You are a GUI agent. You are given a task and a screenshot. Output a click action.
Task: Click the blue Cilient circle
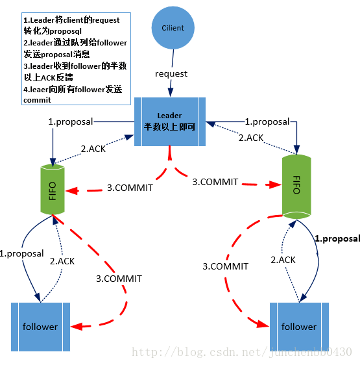pos(173,28)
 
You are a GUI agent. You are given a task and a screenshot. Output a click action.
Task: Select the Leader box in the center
pos(169,121)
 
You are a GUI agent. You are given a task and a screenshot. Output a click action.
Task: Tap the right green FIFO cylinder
pos(295,184)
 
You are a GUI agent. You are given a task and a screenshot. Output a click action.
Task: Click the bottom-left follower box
pos(40,327)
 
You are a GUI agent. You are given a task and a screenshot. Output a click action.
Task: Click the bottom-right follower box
pos(299,327)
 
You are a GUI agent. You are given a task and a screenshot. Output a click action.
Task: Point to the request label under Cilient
pos(171,73)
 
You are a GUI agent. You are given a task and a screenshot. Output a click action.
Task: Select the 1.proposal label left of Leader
pos(71,121)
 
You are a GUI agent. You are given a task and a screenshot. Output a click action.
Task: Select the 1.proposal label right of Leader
pos(267,121)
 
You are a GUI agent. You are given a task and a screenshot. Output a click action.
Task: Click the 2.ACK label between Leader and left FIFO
pos(92,148)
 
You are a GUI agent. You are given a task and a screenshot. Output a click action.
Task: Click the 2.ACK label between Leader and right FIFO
pos(250,138)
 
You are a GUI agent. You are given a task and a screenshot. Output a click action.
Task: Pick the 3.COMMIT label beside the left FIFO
pos(130,188)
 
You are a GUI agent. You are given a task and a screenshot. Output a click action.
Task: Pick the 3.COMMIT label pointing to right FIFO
pos(215,182)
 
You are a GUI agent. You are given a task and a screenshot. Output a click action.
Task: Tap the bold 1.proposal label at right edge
pos(337,238)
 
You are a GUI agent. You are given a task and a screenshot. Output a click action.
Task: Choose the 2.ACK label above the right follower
pos(283,260)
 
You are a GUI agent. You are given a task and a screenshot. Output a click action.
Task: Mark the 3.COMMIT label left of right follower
pos(226,266)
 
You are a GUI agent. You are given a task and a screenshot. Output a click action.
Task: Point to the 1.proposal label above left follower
pos(22,253)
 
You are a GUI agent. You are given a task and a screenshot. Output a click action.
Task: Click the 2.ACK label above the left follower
pos(63,261)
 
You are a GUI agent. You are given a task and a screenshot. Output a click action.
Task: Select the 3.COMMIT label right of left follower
pos(119,279)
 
